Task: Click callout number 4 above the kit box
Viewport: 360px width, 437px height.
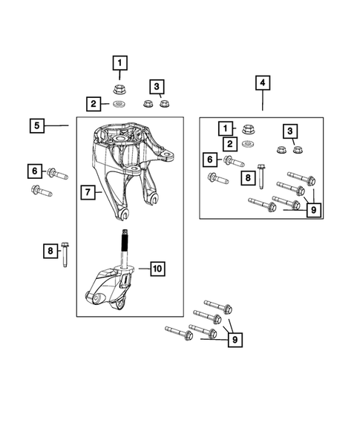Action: coord(261,83)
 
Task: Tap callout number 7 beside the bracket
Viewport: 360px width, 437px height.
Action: coord(88,194)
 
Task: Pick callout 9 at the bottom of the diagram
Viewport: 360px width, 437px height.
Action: coord(235,341)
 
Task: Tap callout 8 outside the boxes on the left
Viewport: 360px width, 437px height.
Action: coord(50,252)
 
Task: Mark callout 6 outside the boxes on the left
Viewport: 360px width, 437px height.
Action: coord(35,172)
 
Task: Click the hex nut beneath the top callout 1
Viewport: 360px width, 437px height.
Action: coord(120,90)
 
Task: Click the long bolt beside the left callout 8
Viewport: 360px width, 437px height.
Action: coord(65,255)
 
